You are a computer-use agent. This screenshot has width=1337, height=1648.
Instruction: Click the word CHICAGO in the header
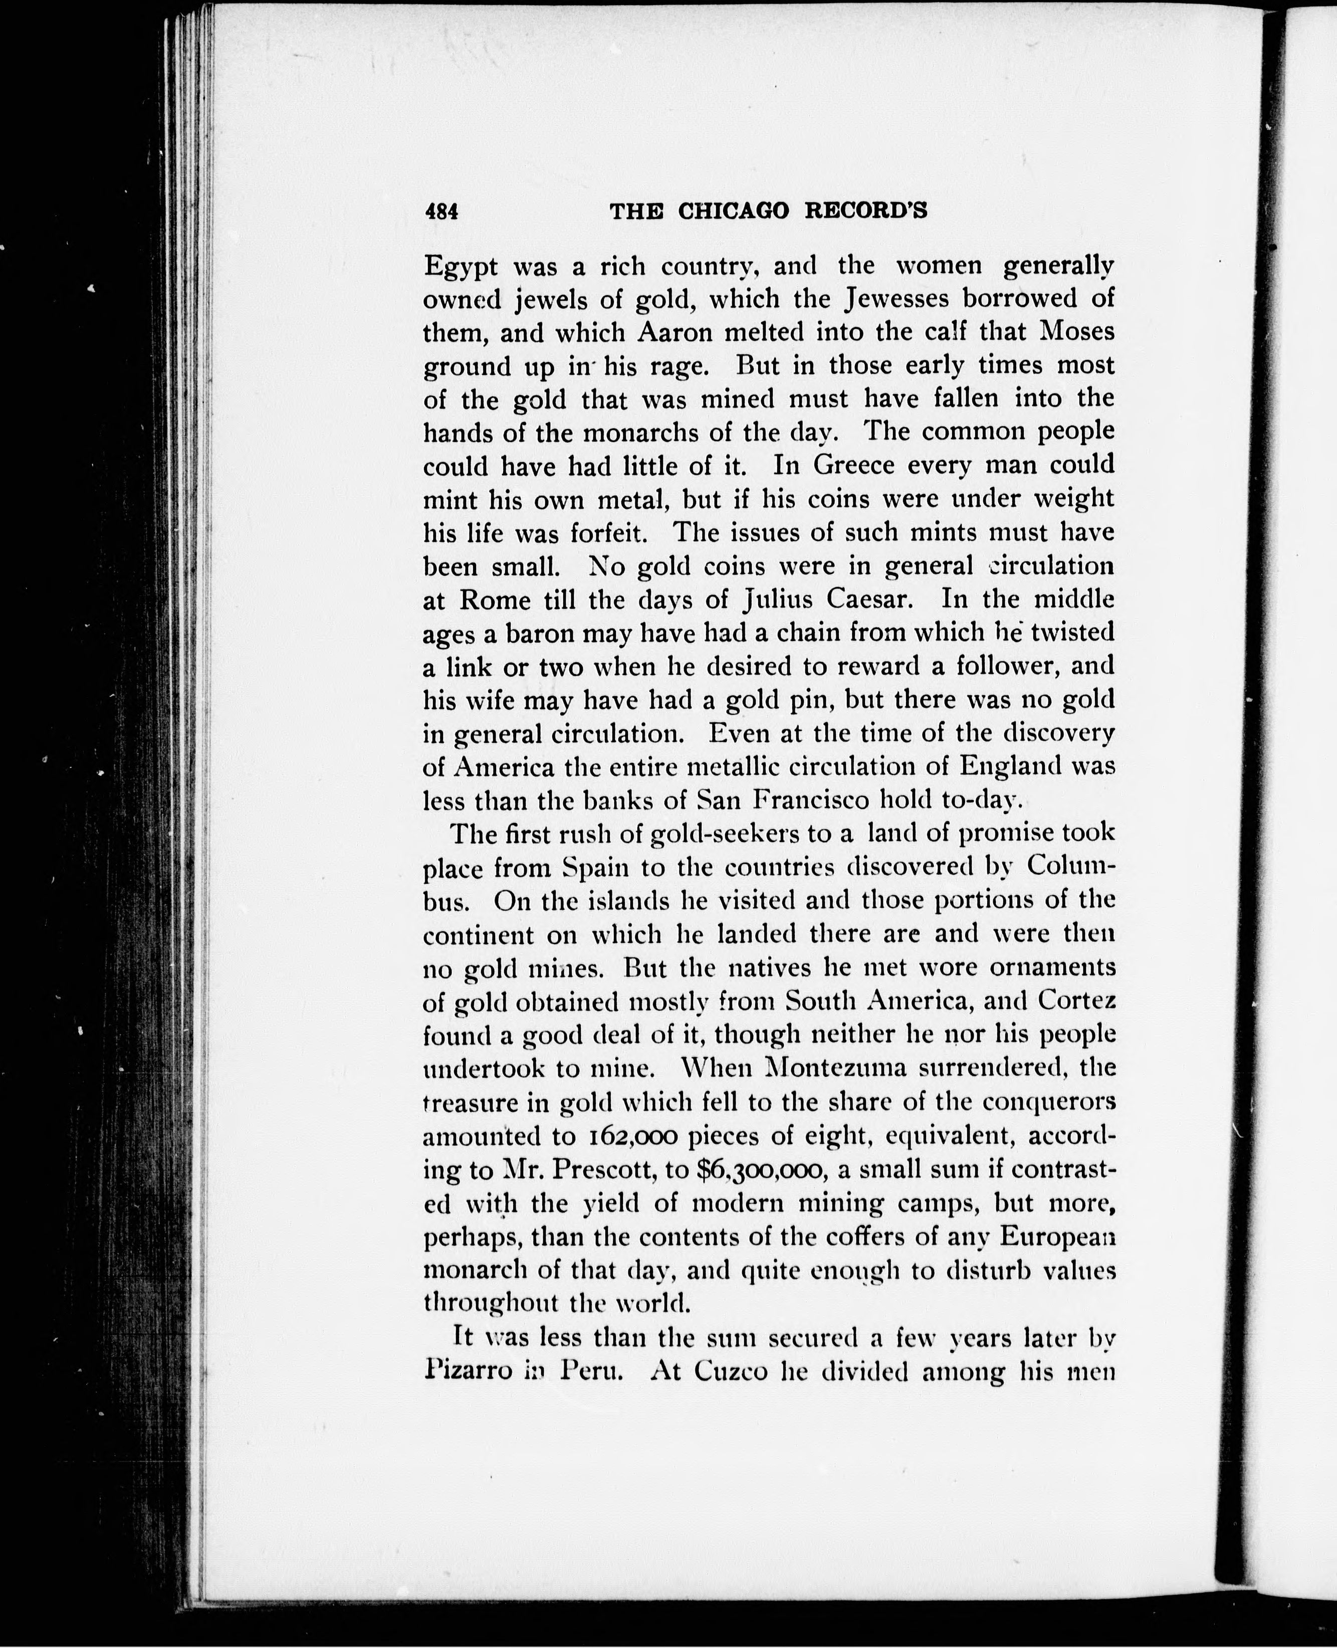click(733, 210)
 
